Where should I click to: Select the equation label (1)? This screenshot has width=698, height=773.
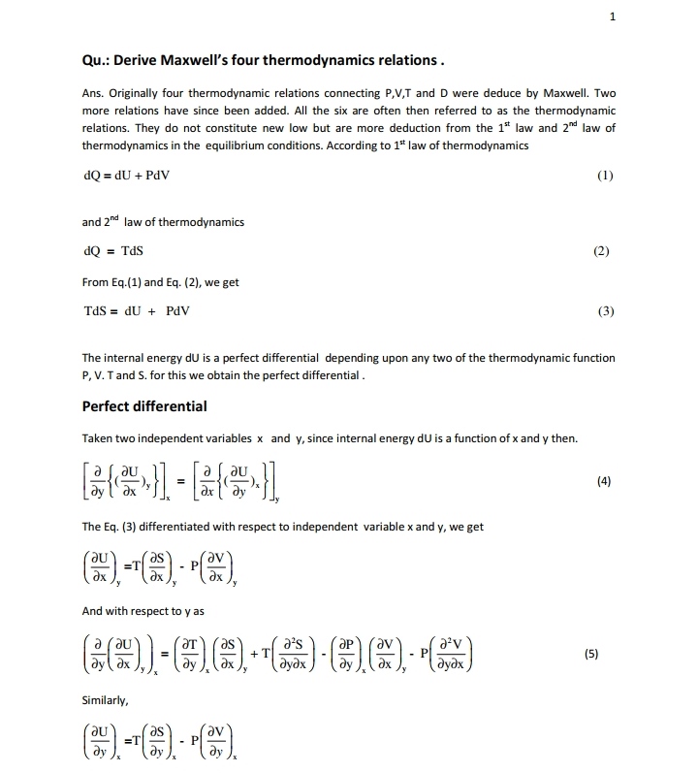605,177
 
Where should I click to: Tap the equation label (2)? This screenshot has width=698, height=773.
601,251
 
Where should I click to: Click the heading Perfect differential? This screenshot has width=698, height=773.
144,405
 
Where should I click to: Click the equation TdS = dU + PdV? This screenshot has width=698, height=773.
137,311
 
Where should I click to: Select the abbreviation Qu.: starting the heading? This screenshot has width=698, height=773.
97,60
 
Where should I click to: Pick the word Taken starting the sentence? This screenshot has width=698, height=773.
99,437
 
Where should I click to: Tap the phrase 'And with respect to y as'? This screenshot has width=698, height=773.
141,611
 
